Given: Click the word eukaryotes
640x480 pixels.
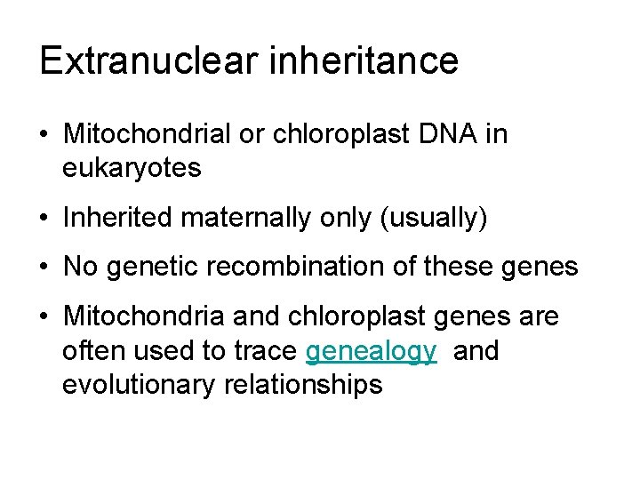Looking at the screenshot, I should click(132, 168).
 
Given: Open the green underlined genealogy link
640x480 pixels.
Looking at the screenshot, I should click(371, 352).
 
